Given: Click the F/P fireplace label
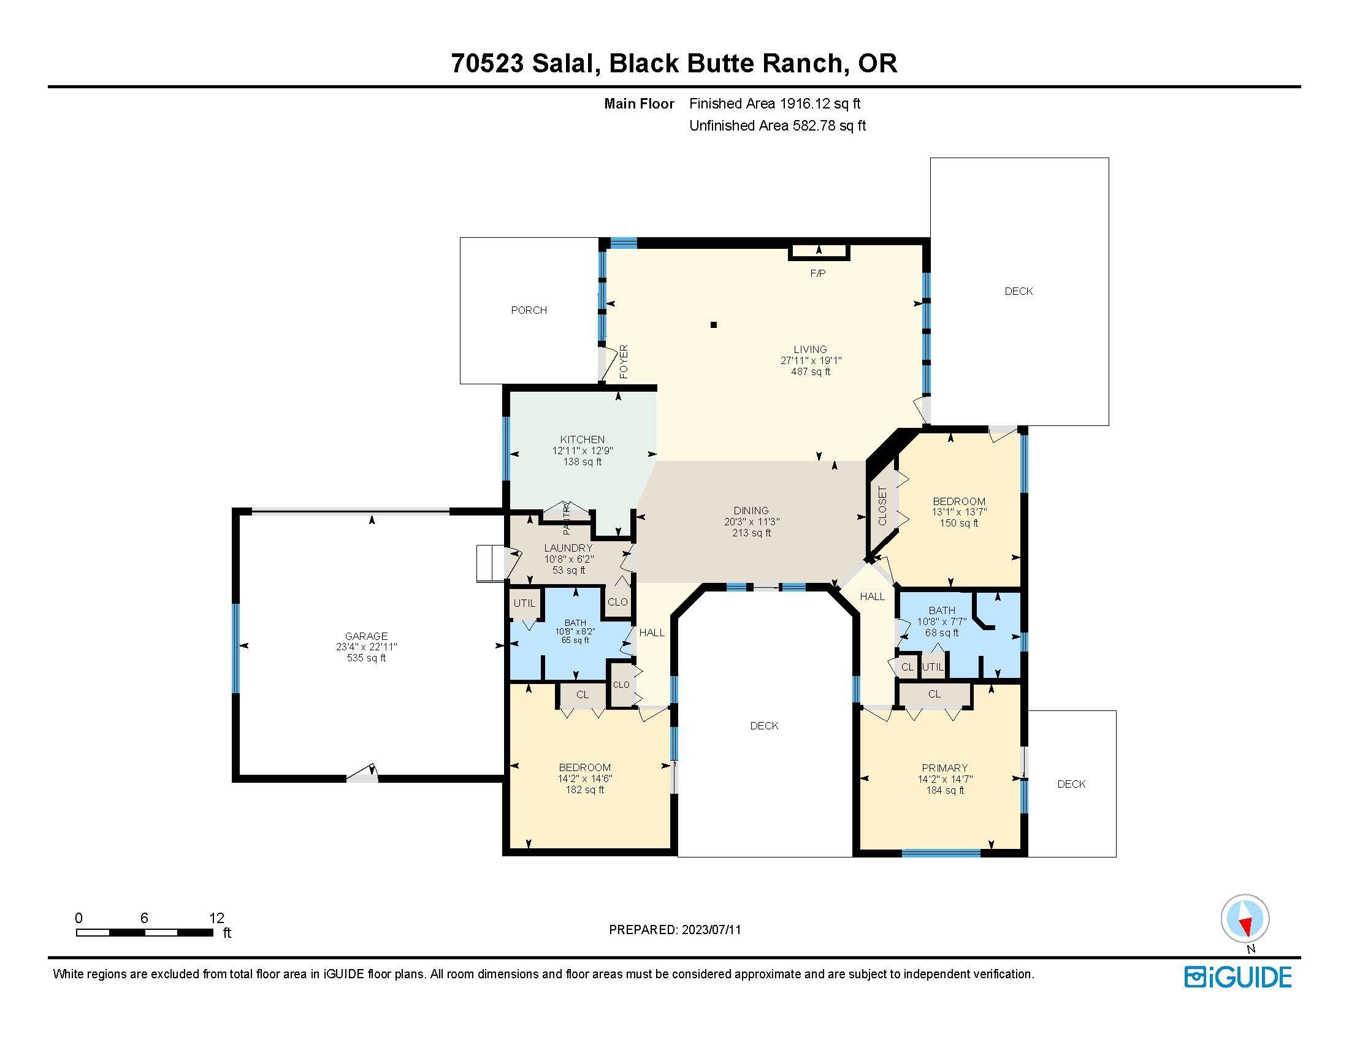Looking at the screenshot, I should tap(817, 273).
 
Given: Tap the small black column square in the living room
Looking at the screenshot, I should tap(713, 325).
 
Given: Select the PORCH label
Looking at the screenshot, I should tap(529, 311).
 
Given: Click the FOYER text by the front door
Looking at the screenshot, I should tap(624, 362).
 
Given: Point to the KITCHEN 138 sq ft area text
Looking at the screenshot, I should tap(582, 462).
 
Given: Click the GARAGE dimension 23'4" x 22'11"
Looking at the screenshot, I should tap(366, 647).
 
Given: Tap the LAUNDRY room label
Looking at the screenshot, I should tap(568, 548).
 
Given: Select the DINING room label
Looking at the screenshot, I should tap(751, 511).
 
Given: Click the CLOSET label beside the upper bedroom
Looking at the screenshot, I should tap(882, 506).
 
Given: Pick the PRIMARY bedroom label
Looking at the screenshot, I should tap(944, 768).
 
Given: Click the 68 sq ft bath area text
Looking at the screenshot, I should tap(941, 633).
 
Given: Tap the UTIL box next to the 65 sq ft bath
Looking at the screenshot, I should tap(524, 603).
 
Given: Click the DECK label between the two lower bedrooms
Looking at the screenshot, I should tap(764, 726).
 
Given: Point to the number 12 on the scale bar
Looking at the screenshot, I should tap(216, 918).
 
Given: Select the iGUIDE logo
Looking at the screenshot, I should tap(1238, 977).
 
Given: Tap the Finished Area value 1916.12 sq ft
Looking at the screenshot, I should tap(820, 104).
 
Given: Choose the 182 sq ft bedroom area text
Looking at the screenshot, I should tap(584, 789).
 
